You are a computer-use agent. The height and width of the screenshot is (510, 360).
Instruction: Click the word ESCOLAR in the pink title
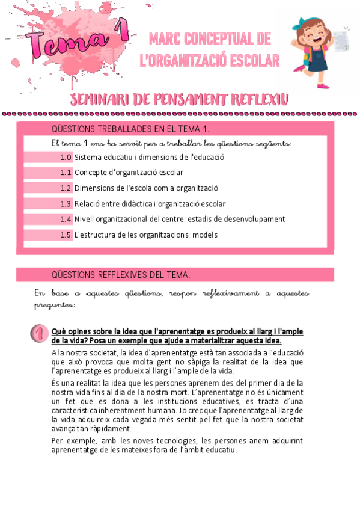click(249, 60)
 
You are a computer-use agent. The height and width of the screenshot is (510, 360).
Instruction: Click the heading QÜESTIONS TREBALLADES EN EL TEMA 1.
click(130, 129)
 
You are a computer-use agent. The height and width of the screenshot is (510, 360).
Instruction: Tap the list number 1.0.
click(66, 158)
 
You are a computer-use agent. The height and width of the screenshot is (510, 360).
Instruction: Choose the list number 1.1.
click(66, 173)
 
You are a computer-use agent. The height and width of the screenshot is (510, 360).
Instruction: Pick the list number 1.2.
click(66, 188)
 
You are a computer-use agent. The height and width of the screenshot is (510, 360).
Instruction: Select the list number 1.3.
click(66, 204)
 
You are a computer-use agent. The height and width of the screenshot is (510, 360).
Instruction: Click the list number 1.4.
click(66, 219)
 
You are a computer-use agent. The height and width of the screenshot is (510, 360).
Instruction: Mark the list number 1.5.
click(66, 235)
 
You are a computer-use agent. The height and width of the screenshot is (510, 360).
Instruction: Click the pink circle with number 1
click(38, 334)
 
